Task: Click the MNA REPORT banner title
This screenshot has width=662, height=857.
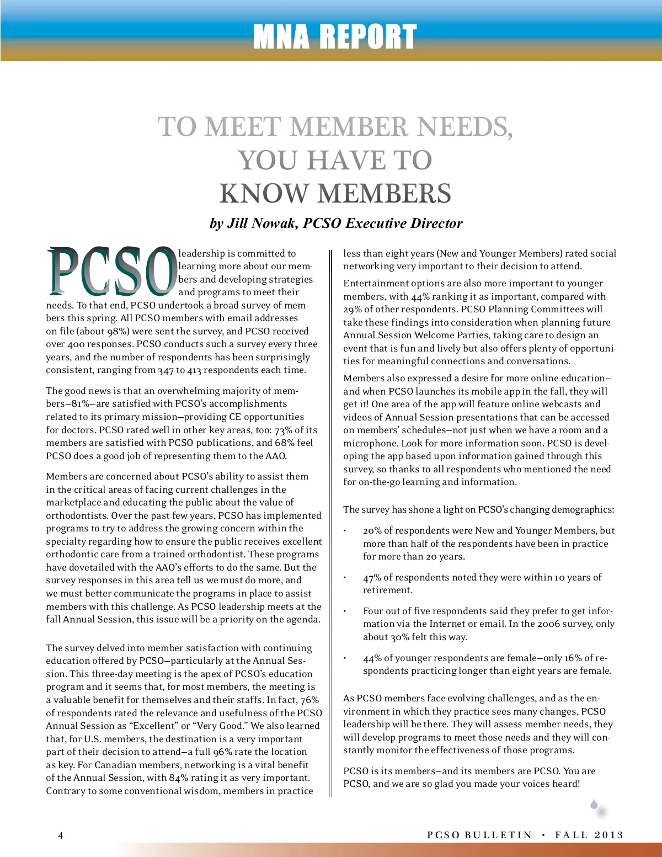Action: click(x=334, y=37)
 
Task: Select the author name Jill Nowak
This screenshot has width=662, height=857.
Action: click(x=261, y=223)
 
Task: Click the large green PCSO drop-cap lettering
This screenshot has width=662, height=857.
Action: click(x=111, y=271)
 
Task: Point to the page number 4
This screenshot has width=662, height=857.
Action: click(x=61, y=835)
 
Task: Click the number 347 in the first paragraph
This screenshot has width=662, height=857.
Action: click(x=165, y=370)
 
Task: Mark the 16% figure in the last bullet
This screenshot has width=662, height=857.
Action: click(x=572, y=658)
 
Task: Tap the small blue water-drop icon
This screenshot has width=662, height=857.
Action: click(x=594, y=805)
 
